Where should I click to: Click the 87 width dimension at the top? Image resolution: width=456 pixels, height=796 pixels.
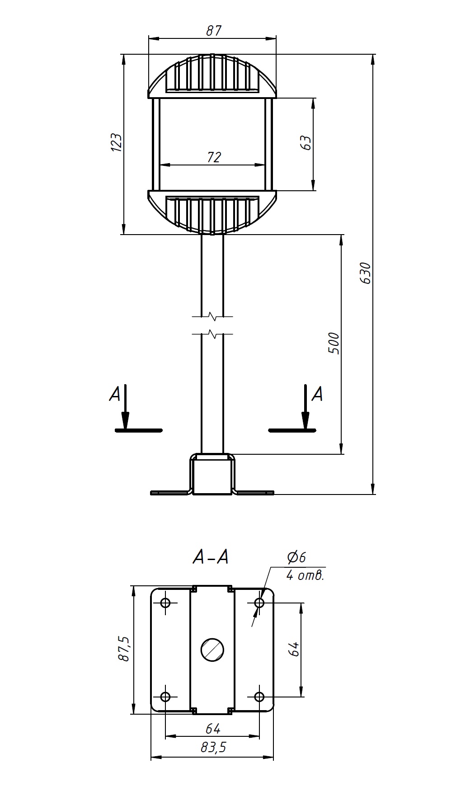(x=214, y=31)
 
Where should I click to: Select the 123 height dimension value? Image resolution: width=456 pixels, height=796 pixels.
(x=116, y=142)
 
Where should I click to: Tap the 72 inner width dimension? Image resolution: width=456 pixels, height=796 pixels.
(x=214, y=157)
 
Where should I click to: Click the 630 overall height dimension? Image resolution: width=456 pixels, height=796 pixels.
(x=365, y=273)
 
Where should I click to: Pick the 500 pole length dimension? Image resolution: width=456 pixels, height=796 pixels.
(x=333, y=344)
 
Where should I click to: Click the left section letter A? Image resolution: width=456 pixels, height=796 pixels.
(x=115, y=394)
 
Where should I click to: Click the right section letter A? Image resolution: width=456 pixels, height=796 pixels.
(x=318, y=394)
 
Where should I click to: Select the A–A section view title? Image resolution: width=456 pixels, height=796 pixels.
(x=210, y=557)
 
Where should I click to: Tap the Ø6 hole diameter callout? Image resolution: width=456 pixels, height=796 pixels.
(x=296, y=557)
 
